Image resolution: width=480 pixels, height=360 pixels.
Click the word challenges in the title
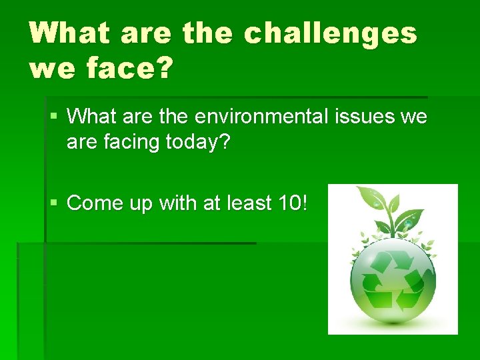pyautogui.click(x=330, y=33)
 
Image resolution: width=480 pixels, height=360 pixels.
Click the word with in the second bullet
pyautogui.click(x=175, y=202)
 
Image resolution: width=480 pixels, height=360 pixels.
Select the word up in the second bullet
pyautogui.click(x=141, y=203)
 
